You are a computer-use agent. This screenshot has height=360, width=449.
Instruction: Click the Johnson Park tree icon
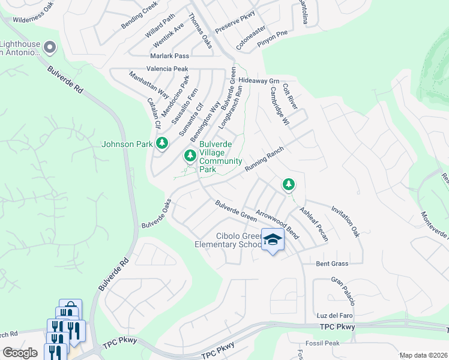(x=161, y=143)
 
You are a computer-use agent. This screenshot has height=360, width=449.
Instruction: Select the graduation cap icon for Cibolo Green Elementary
(x=273, y=239)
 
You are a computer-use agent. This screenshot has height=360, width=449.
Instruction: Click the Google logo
(x=20, y=353)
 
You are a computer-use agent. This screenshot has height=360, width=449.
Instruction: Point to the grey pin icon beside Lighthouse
(x=50, y=47)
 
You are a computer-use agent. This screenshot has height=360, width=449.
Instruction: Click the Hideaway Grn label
(x=259, y=80)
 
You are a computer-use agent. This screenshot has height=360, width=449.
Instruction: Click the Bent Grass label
(x=332, y=264)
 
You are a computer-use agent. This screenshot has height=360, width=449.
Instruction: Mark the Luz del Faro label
(x=334, y=316)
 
